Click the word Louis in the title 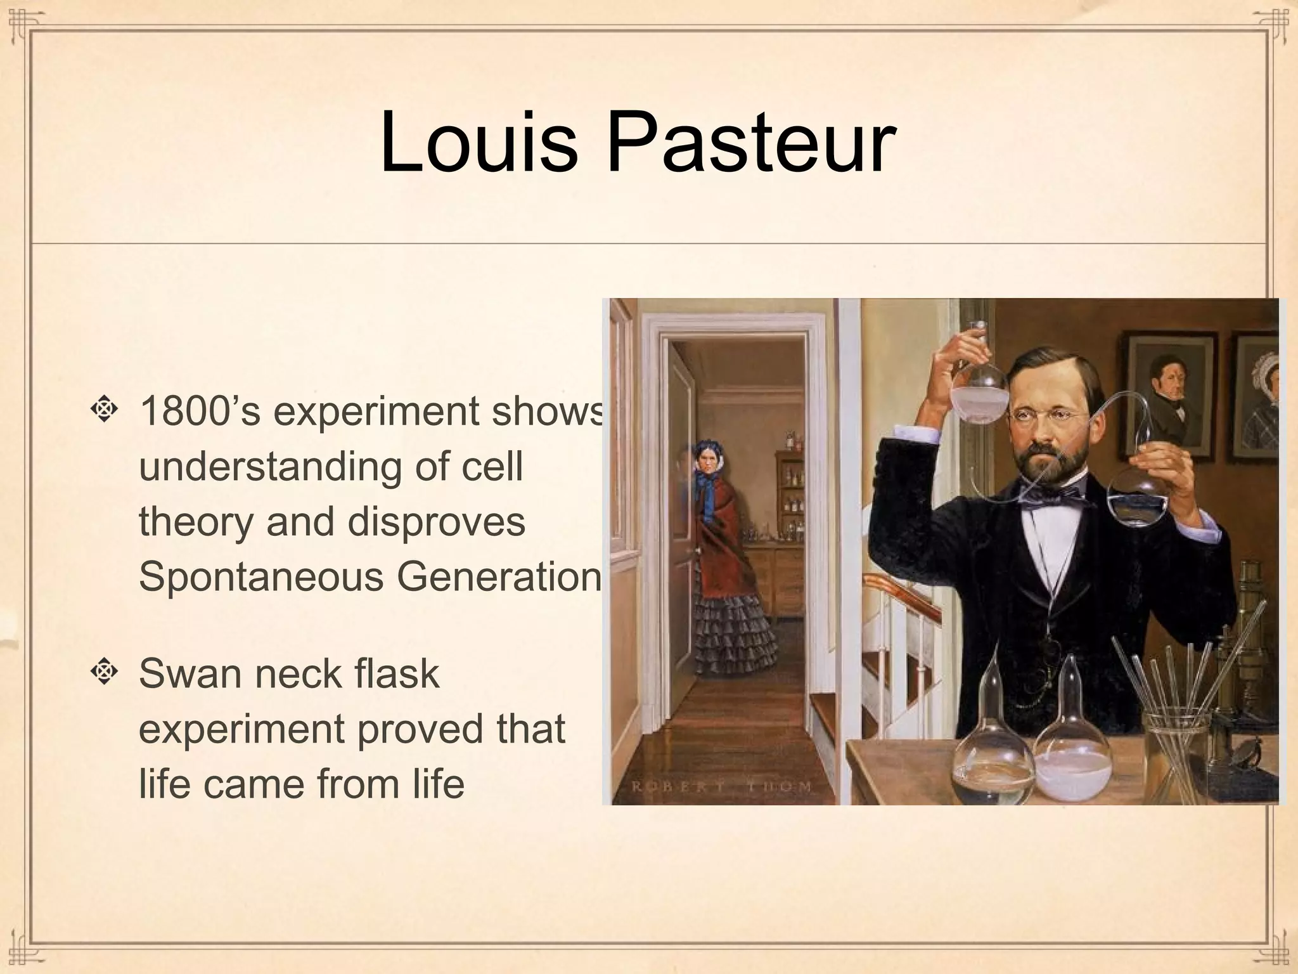coord(479,143)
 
